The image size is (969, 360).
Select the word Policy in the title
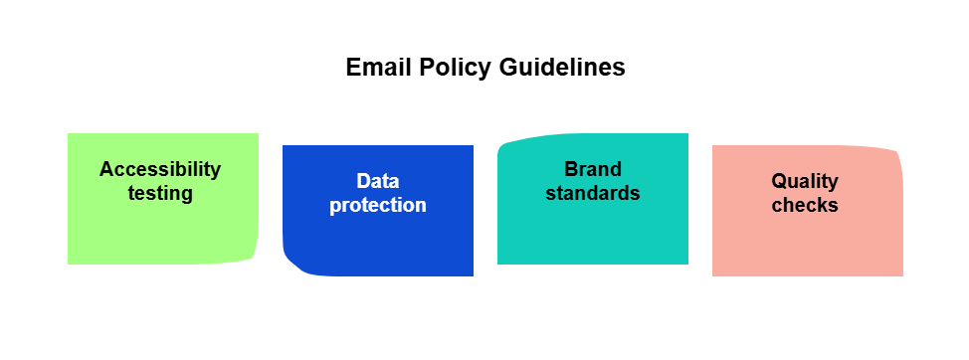455,68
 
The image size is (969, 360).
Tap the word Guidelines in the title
562,67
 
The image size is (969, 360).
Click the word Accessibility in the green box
160,169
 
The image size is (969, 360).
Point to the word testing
160,193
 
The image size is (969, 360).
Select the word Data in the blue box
378,181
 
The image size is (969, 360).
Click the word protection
378,205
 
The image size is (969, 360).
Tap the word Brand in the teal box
593,169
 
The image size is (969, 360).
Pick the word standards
593,193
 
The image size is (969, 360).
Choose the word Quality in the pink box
805,182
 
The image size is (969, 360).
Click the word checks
805,205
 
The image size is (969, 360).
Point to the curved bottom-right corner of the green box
254,258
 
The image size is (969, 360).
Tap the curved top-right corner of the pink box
897,152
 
